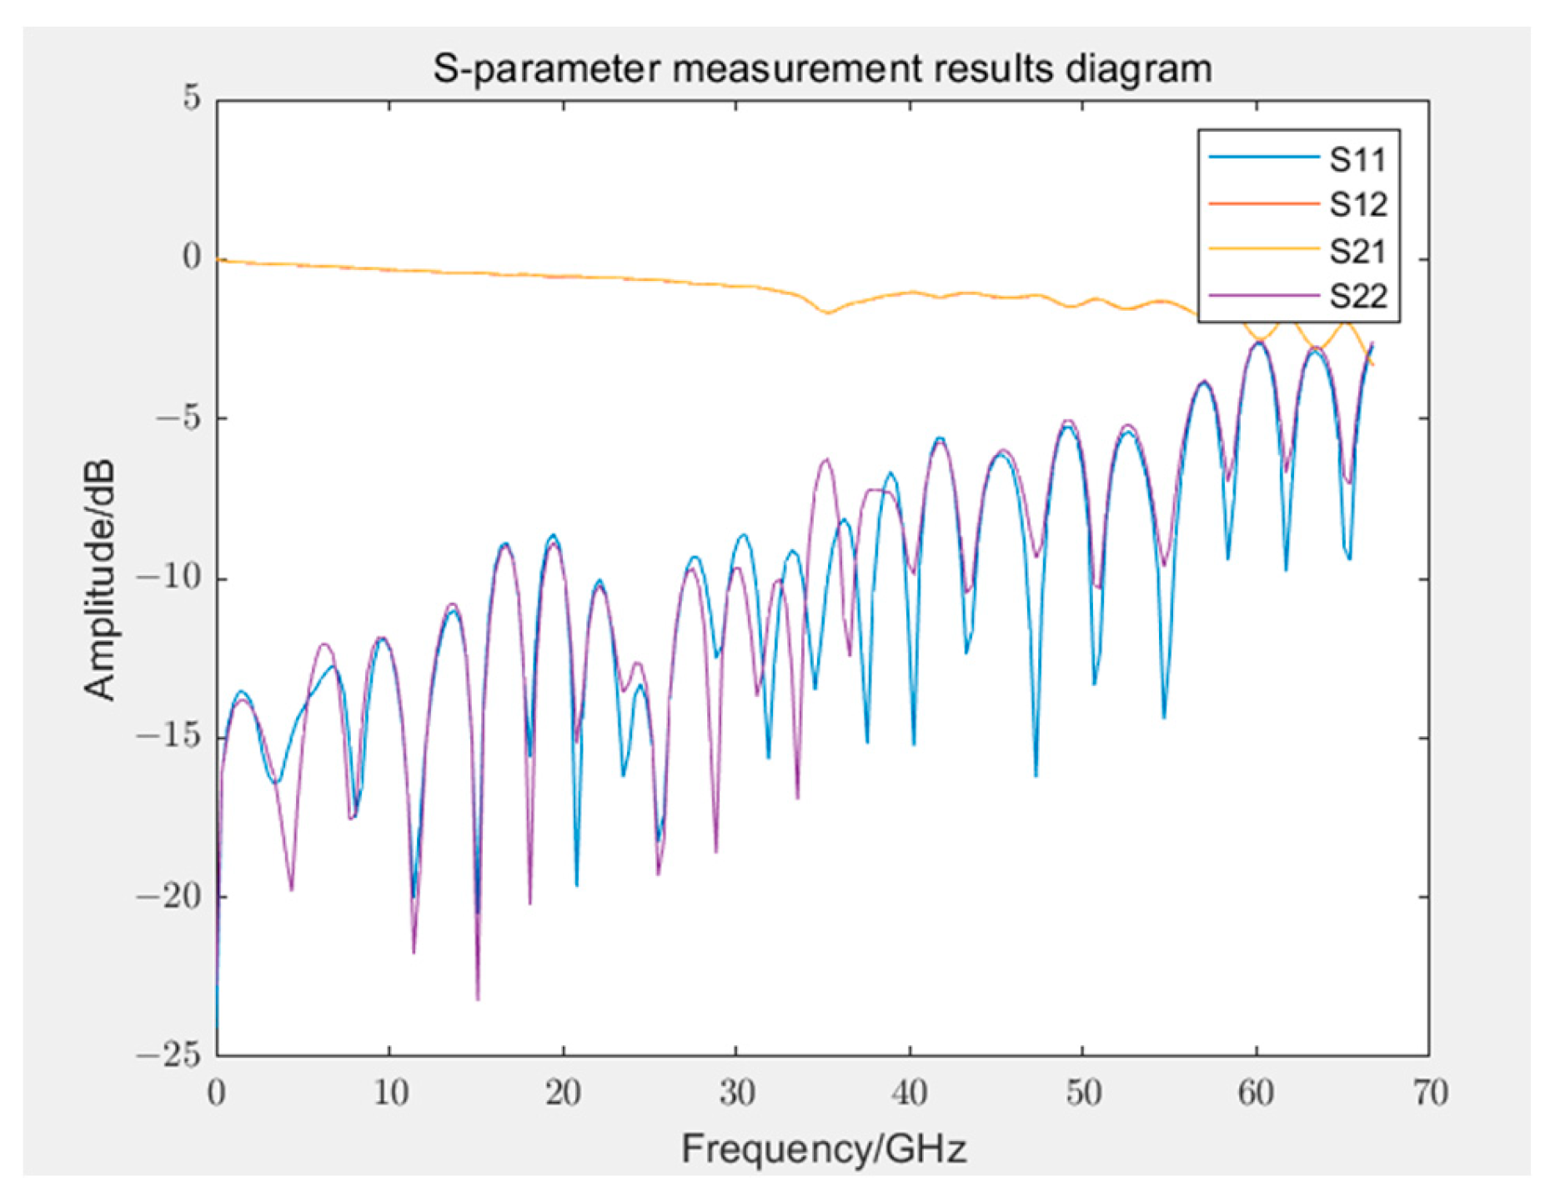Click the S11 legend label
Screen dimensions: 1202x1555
tap(1357, 159)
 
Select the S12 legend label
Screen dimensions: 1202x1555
tap(1357, 204)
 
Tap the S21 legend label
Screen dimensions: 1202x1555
tap(1357, 250)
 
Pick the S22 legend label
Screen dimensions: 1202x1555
tap(1357, 296)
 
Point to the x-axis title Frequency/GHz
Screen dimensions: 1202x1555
tap(823, 1149)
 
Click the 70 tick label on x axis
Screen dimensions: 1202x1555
tap(1430, 1092)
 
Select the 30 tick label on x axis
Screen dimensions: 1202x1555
tap(736, 1092)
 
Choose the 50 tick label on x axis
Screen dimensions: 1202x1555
tap(1083, 1092)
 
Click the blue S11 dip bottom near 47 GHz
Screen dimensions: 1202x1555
tap(1036, 774)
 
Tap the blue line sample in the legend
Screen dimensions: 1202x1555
tap(1262, 158)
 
